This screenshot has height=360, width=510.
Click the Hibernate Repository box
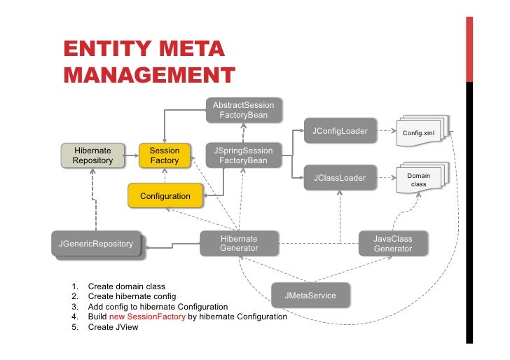click(x=92, y=155)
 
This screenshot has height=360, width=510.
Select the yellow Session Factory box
click(x=165, y=155)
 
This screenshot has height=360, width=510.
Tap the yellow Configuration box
click(x=165, y=196)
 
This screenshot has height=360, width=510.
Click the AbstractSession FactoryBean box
click(x=243, y=110)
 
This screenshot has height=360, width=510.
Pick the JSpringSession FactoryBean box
click(x=243, y=155)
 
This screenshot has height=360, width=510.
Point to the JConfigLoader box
click(x=340, y=132)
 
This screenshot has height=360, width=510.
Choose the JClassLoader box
click(x=339, y=178)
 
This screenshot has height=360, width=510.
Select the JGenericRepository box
click(x=96, y=244)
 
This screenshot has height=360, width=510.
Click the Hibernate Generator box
click(x=238, y=244)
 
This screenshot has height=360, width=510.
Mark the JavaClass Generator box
click(x=392, y=244)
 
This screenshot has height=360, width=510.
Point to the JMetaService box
click(x=310, y=296)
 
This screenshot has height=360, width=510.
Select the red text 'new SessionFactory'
click(x=147, y=317)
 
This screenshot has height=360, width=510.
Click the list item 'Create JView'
click(x=113, y=327)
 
